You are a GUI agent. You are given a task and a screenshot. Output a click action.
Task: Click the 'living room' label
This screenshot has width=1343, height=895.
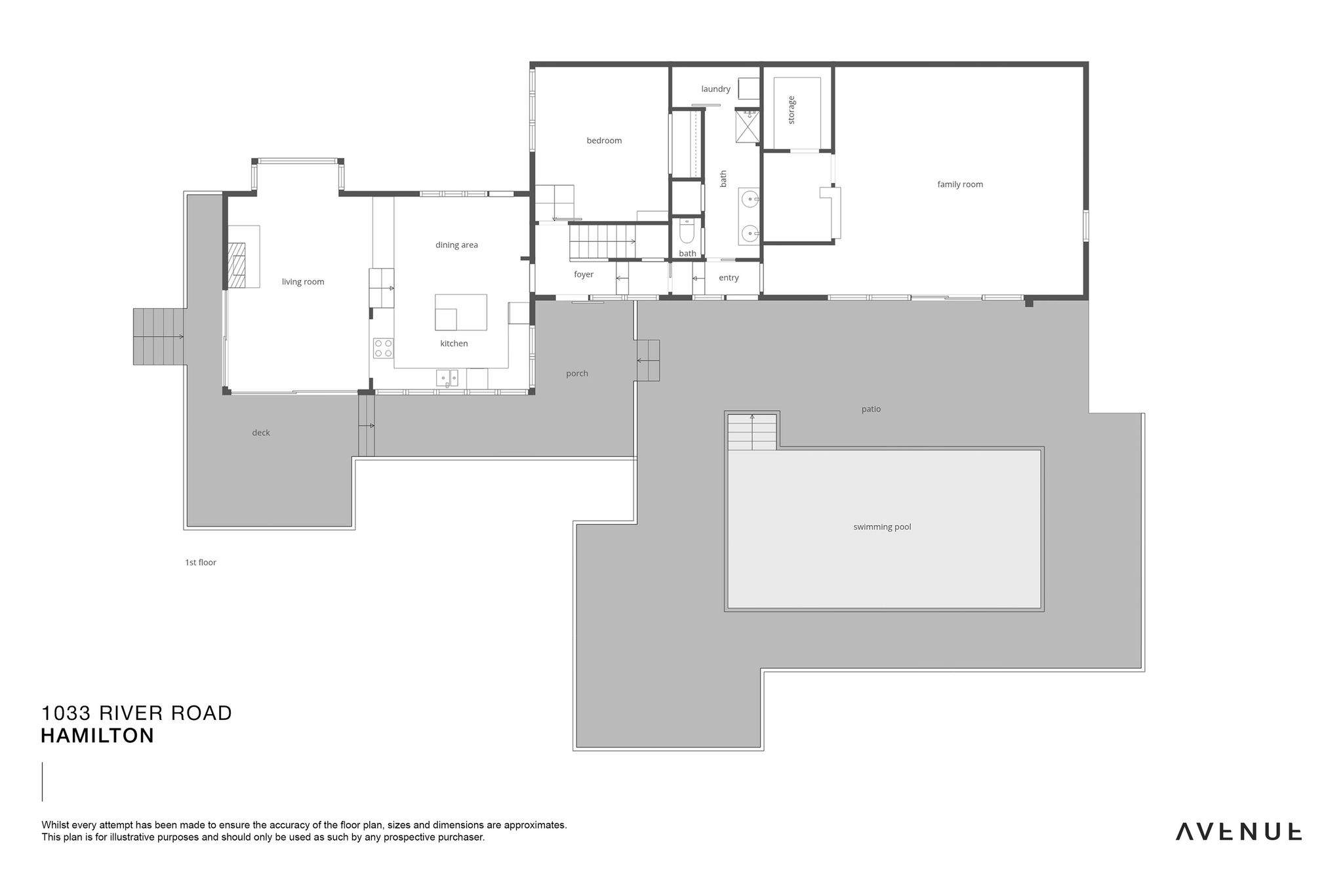[303, 282]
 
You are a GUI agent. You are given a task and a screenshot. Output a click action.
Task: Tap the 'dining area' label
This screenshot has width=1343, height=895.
[456, 245]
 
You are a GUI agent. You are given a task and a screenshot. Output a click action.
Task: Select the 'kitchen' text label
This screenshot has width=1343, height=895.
[454, 344]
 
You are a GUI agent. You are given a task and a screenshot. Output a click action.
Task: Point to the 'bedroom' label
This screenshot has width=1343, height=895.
[604, 140]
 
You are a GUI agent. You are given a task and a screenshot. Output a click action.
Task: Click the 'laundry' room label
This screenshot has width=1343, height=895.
[715, 89]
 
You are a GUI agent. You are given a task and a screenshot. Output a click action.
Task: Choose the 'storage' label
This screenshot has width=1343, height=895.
[792, 110]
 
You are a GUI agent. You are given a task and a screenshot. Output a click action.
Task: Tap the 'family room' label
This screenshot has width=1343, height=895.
[960, 184]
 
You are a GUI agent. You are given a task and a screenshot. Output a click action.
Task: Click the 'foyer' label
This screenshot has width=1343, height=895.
[584, 275]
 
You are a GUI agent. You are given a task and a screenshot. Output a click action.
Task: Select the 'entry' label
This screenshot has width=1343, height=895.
[729, 278]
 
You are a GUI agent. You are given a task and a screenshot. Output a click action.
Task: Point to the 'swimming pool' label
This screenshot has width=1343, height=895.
[882, 527]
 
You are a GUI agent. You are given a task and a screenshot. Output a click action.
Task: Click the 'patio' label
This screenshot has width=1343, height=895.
[871, 409]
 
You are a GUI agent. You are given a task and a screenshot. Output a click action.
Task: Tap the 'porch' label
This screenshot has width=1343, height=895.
[577, 374]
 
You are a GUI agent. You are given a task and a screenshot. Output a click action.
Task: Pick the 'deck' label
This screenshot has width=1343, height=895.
[261, 433]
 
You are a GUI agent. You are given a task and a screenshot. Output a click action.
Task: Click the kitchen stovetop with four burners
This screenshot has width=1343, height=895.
[383, 348]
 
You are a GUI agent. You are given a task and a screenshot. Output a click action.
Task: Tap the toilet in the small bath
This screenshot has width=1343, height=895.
[687, 232]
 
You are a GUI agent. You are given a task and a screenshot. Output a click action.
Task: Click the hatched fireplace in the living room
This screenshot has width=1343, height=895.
[236, 266]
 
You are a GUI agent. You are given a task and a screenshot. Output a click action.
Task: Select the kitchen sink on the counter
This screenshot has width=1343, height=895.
[448, 378]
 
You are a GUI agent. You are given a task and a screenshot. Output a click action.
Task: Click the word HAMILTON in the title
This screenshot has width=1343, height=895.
[98, 736]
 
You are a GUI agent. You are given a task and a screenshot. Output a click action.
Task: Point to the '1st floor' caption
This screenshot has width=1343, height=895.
[201, 563]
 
